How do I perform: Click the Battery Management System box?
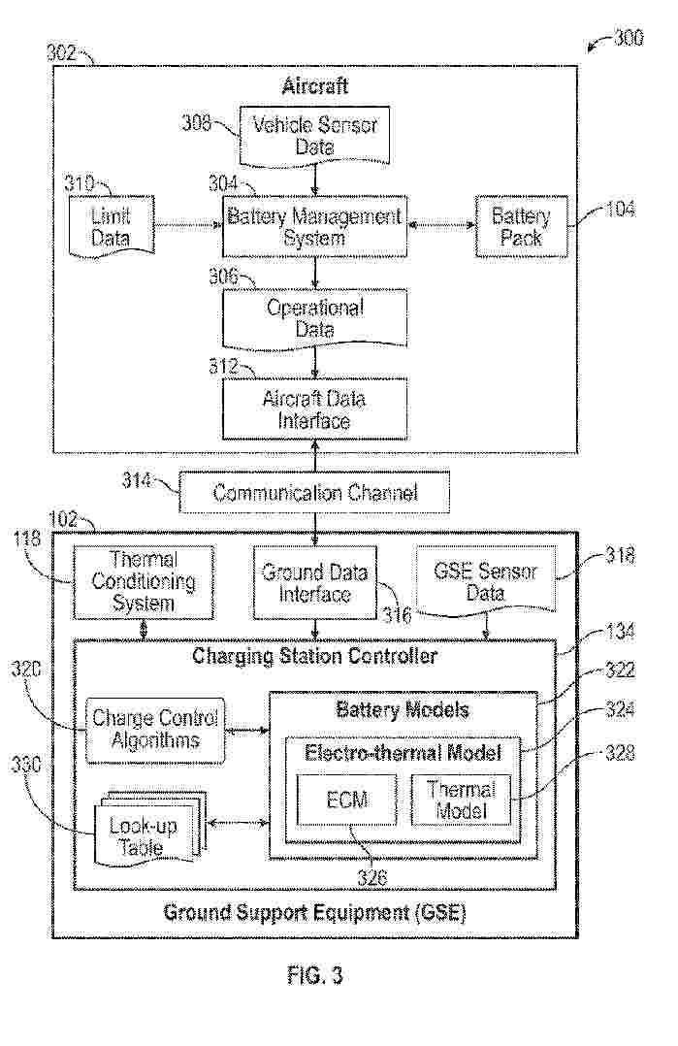(x=313, y=226)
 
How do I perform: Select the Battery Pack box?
(x=520, y=226)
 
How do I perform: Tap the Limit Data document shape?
(x=111, y=225)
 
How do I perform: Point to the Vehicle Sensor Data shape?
(x=314, y=136)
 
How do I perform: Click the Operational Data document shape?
(x=314, y=318)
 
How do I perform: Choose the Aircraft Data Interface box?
(x=314, y=409)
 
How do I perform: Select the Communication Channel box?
(x=315, y=493)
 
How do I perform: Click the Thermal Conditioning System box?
(x=144, y=582)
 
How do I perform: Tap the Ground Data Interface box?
(x=314, y=582)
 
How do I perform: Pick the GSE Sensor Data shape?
(x=486, y=580)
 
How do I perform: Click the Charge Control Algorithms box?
(x=155, y=730)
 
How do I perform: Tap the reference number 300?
(x=628, y=40)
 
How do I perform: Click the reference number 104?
(x=618, y=209)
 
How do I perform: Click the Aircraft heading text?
(x=314, y=87)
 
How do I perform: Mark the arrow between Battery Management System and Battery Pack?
(x=439, y=226)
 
